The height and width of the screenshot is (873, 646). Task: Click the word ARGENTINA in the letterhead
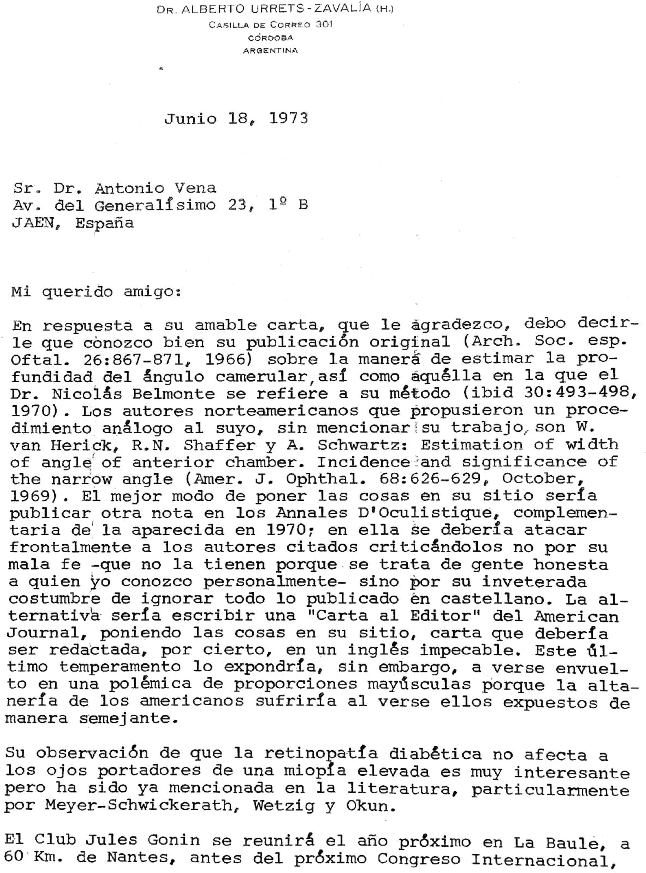click(x=270, y=50)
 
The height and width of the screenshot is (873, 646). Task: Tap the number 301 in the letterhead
click(x=324, y=24)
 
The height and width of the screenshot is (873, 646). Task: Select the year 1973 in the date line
click(x=289, y=118)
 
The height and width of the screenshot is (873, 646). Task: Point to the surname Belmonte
click(x=173, y=394)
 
